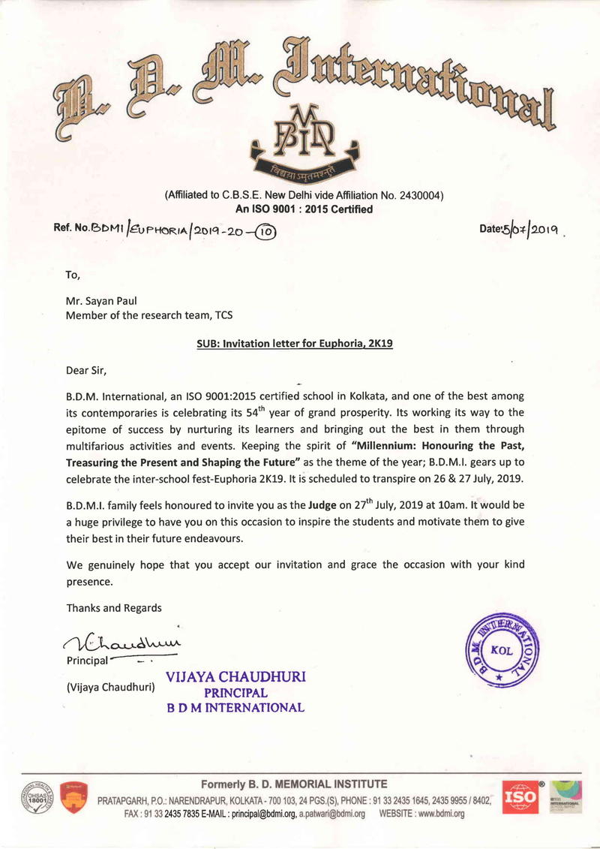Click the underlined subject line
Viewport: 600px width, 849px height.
(294, 344)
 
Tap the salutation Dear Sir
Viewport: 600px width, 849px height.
(86, 370)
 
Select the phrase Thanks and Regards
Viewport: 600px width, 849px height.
(113, 607)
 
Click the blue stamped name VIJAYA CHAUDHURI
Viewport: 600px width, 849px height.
(235, 677)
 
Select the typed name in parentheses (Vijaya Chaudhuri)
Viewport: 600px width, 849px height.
(109, 686)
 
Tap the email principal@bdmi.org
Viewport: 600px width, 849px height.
(260, 814)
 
